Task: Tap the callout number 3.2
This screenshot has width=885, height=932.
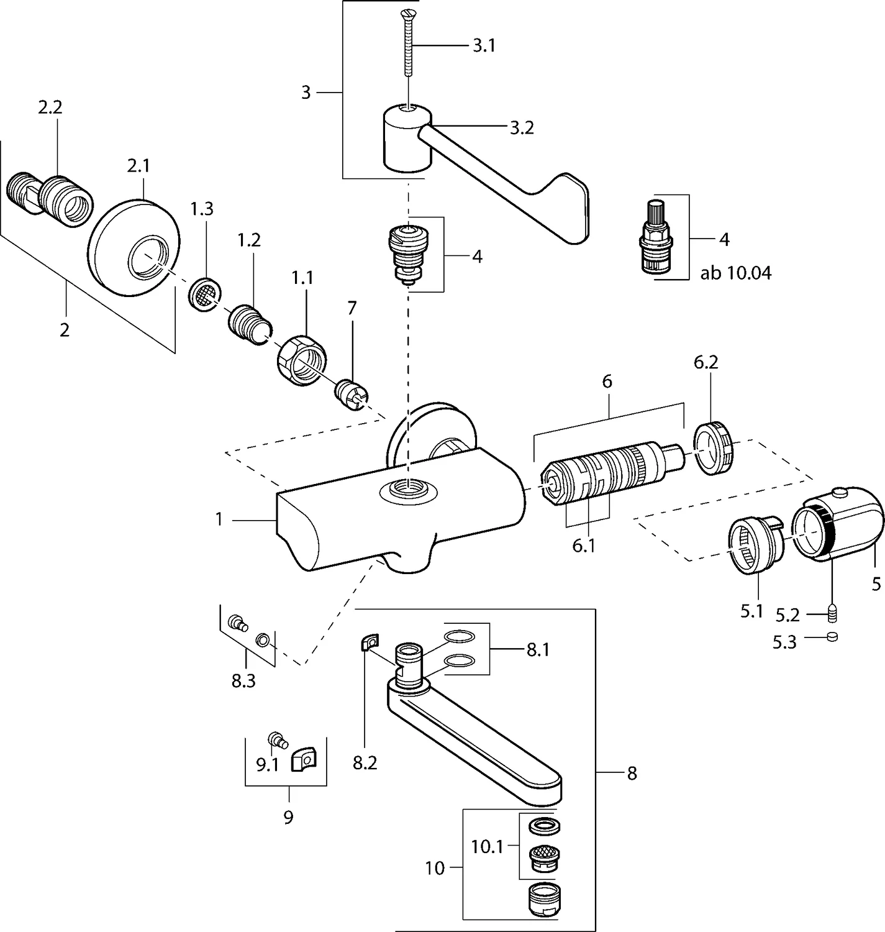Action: coord(521,128)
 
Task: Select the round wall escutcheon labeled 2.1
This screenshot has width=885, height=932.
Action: coord(136,248)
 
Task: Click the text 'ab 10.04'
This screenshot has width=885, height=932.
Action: coord(735,273)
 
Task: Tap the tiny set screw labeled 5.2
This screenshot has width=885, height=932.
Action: coord(832,613)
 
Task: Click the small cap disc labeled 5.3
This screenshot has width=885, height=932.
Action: coord(832,636)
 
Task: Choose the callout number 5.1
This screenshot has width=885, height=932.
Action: coord(751,611)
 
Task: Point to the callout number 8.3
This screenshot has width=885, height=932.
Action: coord(243,681)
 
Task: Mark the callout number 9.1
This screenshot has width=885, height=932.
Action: coord(268,765)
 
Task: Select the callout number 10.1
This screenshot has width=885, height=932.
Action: coord(487,847)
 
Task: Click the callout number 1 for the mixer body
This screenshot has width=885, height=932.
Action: coord(219,519)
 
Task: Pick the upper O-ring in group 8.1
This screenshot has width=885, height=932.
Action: coord(460,636)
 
